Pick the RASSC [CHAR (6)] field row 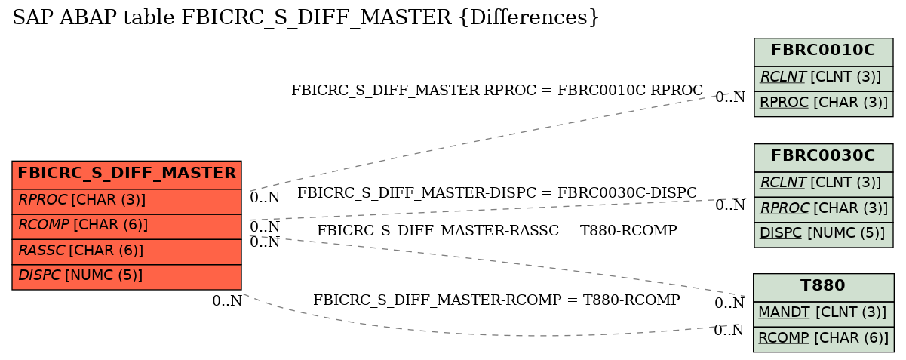(x=127, y=251)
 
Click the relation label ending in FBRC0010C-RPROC (x=497, y=91)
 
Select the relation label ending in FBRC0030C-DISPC (x=497, y=193)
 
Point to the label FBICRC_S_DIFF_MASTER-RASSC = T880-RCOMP (x=496, y=230)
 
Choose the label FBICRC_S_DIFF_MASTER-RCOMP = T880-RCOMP (x=496, y=300)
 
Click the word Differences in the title (x=530, y=17)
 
